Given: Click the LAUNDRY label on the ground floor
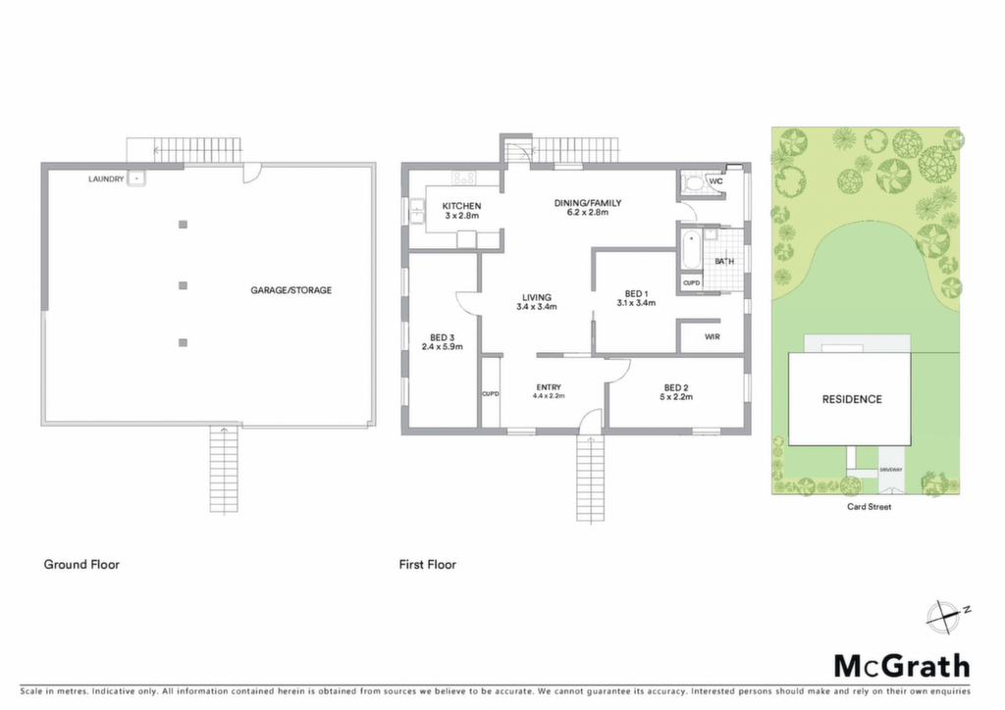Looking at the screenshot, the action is point(106,179).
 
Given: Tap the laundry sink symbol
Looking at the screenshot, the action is point(135,177).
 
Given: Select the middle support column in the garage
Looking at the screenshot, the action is point(183,285).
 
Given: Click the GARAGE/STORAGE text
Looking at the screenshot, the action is point(291,290).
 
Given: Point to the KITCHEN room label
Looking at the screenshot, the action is point(461,206).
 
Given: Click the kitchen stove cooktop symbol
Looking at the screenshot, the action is point(463,177).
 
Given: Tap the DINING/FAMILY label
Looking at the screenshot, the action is point(588,203).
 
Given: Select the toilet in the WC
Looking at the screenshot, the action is point(692,183).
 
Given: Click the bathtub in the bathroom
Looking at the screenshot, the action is point(691,250).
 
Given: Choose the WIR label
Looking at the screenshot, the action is point(713,336).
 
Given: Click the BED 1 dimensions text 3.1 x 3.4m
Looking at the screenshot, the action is point(636,303).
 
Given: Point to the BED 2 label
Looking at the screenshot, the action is point(676,388).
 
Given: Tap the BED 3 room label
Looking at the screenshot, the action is point(443,338).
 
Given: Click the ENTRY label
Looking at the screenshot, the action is point(549,387).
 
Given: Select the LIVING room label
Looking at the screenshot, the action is point(537,298).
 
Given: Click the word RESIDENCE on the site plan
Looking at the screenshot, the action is point(852,399).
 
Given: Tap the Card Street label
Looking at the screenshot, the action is point(870,506).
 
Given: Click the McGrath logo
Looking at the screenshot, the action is point(902,667).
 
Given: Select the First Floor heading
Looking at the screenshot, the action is point(428,565).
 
